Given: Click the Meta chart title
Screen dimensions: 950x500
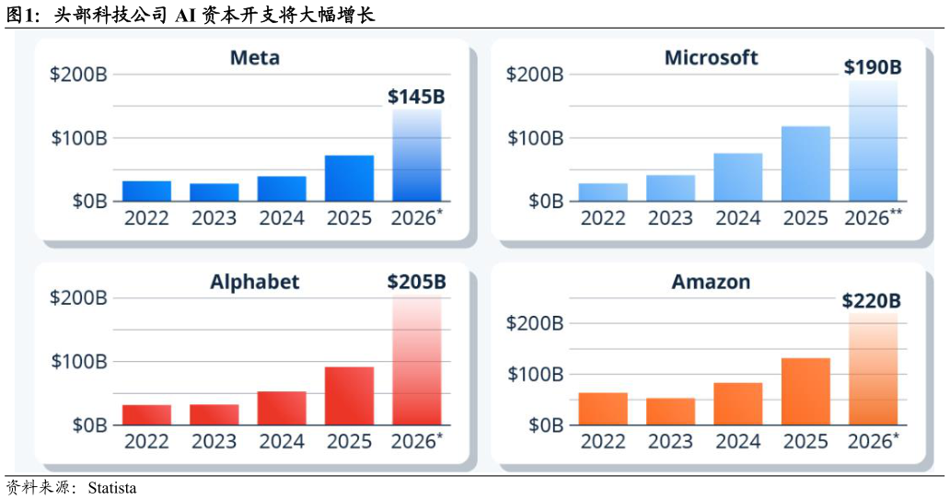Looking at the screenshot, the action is (255, 58).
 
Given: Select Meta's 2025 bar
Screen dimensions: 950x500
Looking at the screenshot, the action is (349, 179).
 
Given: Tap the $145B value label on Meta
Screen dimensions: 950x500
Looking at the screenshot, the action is (416, 97).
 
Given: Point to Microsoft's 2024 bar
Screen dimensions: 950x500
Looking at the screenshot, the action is (738, 177).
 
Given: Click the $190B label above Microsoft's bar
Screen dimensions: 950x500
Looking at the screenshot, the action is (873, 67).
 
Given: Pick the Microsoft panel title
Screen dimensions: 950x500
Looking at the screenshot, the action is (712, 58).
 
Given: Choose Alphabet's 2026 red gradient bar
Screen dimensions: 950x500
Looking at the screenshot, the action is (417, 360).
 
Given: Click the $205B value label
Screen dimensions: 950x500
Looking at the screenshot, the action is (417, 282).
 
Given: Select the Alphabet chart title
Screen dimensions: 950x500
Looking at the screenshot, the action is (255, 283).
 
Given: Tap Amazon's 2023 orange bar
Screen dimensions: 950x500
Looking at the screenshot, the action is (671, 412).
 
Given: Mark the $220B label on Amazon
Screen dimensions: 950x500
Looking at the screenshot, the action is (872, 300).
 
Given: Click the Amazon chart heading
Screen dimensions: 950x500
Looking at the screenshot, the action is (712, 282).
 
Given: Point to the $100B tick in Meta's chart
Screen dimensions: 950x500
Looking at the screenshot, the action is (79, 138).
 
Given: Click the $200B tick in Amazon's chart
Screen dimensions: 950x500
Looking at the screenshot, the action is (535, 323).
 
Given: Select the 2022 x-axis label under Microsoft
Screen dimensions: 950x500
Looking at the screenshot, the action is (603, 218).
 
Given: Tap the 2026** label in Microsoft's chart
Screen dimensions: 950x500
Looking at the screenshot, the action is (873, 217).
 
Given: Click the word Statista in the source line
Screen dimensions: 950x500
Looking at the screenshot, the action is (112, 488).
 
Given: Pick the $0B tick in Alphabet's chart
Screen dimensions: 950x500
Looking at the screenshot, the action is (89, 425).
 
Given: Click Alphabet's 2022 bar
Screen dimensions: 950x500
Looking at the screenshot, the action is (146, 415).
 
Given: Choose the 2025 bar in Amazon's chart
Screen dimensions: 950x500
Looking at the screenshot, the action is (805, 391).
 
